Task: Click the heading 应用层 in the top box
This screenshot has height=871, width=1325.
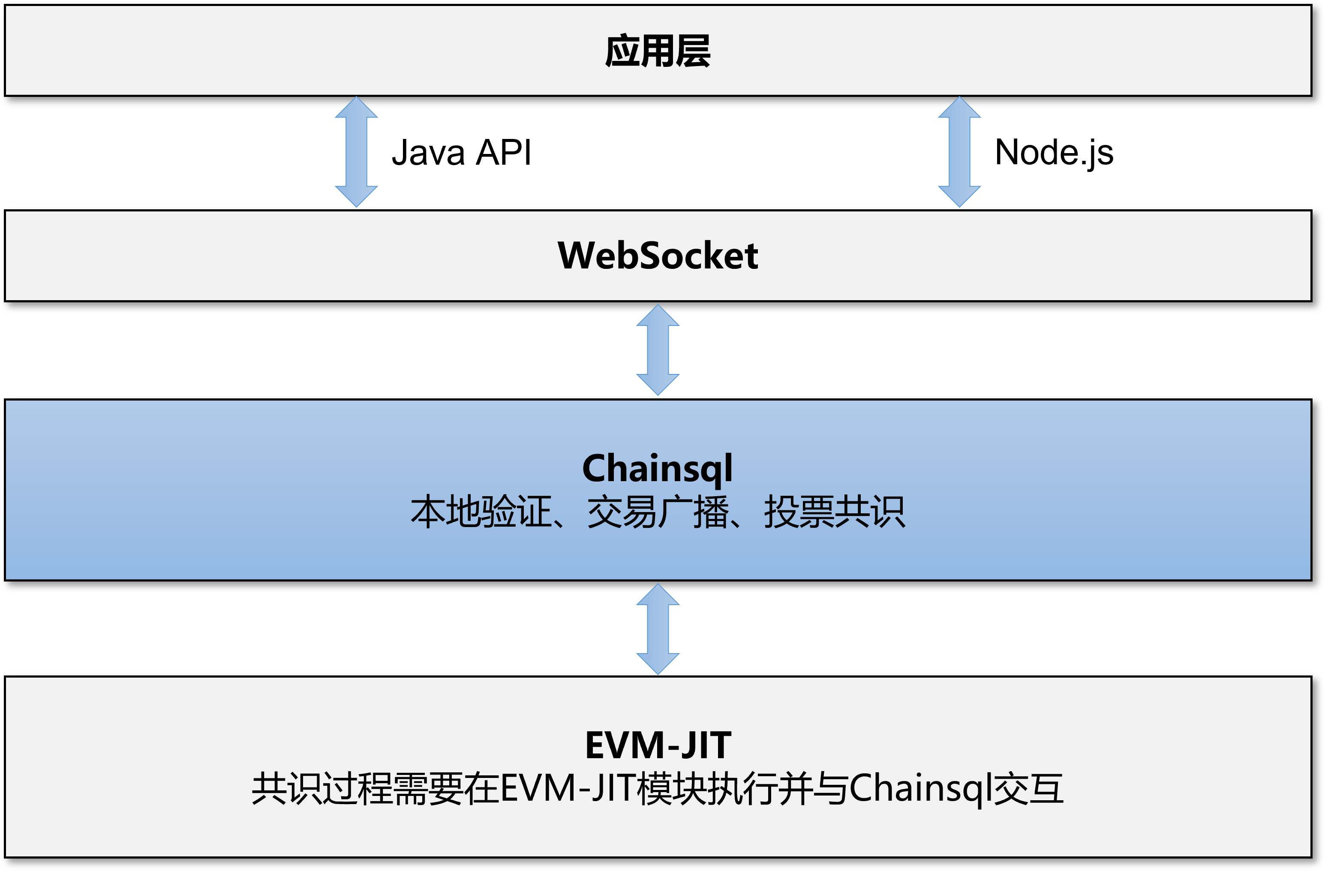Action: coord(658,51)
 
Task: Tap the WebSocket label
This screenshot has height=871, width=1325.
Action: coord(658,256)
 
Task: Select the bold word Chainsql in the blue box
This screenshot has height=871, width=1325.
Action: coord(658,469)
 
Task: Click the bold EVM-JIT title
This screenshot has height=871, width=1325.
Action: coord(658,745)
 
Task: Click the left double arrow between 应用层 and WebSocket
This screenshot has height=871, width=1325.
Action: coord(356,152)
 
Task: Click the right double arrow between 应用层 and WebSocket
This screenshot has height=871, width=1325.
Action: coord(959,152)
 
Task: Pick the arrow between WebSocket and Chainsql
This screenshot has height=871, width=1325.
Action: coord(658,350)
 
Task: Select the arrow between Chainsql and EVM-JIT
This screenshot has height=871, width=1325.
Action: coord(658,629)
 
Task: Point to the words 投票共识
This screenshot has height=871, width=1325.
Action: coord(835,512)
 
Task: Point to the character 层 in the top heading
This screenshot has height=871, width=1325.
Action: coord(693,51)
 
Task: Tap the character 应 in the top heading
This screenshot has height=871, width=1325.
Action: coord(622,51)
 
